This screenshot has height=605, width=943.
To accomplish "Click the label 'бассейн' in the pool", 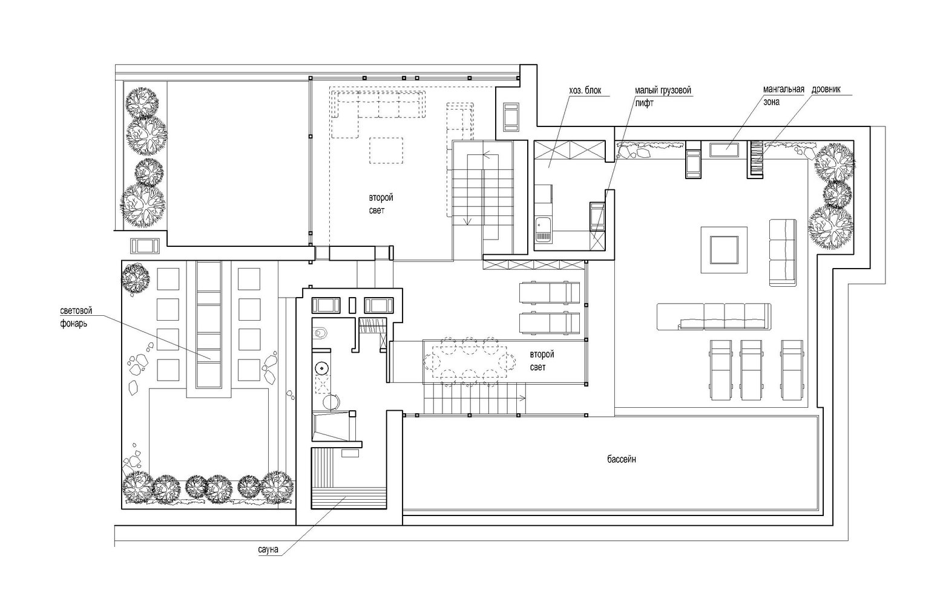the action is [622, 459].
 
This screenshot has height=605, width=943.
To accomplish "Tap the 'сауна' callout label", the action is [268, 549].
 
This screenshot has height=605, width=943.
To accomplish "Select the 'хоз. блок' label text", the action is [585, 91].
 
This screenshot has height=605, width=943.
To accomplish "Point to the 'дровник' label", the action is [826, 90].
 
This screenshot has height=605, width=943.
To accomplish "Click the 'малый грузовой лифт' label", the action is [663, 97].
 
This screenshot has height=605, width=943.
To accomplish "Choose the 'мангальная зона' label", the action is [784, 96].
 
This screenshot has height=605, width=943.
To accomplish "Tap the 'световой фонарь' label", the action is [76, 317].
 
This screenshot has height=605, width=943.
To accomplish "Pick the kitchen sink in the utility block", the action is [543, 230].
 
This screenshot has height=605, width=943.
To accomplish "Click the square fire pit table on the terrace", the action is [724, 249].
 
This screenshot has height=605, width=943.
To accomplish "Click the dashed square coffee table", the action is [386, 150].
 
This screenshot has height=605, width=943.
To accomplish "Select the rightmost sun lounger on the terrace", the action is [792, 370].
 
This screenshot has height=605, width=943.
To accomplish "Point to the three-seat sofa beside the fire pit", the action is [783, 252].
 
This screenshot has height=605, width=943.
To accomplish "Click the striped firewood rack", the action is [755, 159].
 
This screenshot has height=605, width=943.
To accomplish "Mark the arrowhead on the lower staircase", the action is [524, 398].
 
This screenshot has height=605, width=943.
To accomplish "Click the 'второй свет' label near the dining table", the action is [542, 361].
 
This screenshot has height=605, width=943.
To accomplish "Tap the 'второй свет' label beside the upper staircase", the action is [381, 204].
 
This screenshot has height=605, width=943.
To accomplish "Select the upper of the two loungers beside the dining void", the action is [550, 293].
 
